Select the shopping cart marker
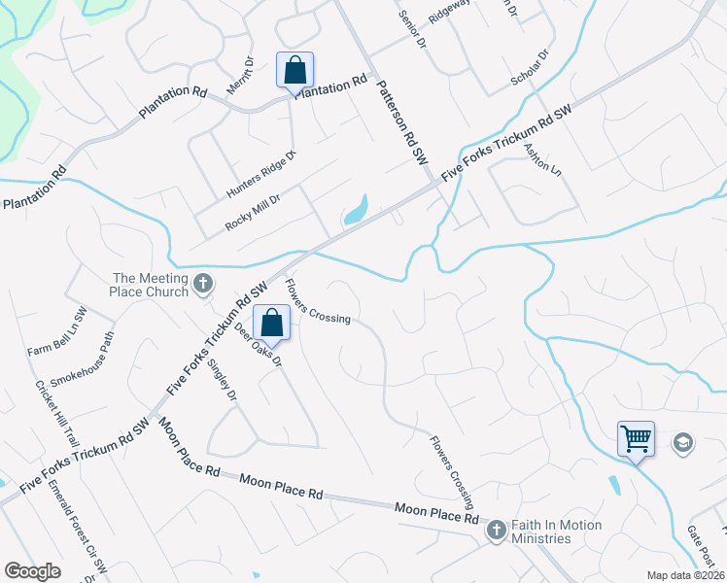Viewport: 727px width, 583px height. [636, 438]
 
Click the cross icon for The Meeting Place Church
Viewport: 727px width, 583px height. [202, 284]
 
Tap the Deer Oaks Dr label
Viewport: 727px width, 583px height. [258, 345]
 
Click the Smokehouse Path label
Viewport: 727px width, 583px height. [83, 360]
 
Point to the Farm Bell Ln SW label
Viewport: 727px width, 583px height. [57, 331]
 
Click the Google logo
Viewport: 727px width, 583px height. [32, 571]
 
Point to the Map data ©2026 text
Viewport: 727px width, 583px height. [685, 575]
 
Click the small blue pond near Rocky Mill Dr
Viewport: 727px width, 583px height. [356, 209]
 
